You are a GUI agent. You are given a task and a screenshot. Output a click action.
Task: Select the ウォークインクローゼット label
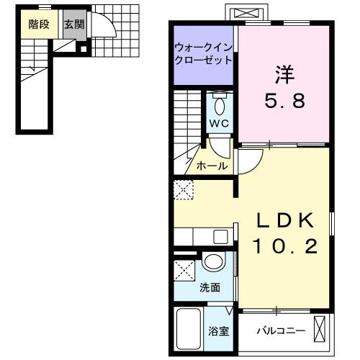tap(202, 53)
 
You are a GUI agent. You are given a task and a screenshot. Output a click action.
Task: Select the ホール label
tap(212, 166)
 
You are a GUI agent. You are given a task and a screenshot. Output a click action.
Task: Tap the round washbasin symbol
tap(212, 262)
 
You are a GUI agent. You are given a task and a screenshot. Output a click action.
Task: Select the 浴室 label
tap(218, 333)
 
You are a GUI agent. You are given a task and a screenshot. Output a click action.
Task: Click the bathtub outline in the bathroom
tap(189, 329)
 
